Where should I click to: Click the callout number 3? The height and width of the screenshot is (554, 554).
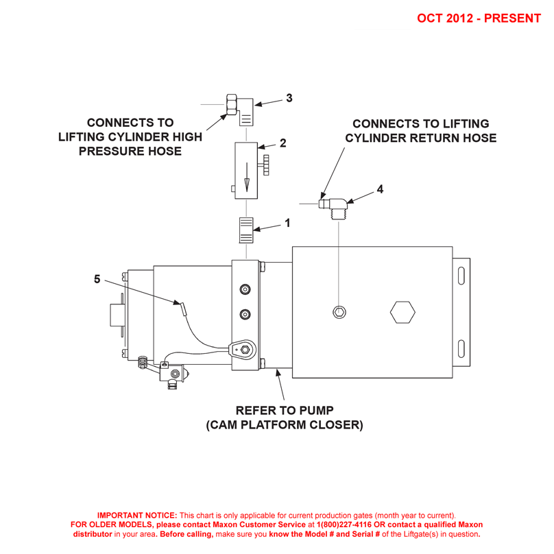tap(289, 98)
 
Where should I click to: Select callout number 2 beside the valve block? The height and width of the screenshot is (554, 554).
tap(282, 144)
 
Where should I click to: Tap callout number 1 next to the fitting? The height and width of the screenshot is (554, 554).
tap(287, 223)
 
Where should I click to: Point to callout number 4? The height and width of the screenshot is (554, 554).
tap(380, 189)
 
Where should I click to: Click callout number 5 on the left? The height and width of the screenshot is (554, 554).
tap(97, 279)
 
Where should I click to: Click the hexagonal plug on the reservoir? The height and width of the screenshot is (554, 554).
tap(402, 313)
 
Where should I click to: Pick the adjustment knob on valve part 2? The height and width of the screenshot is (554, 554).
tap(265, 165)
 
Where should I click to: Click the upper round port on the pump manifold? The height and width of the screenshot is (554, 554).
tap(245, 290)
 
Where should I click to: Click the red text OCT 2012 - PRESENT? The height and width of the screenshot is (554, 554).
tap(479, 18)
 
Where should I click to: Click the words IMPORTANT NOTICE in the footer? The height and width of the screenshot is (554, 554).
tap(137, 515)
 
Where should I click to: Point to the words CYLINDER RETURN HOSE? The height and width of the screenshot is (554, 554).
tap(421, 138)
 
